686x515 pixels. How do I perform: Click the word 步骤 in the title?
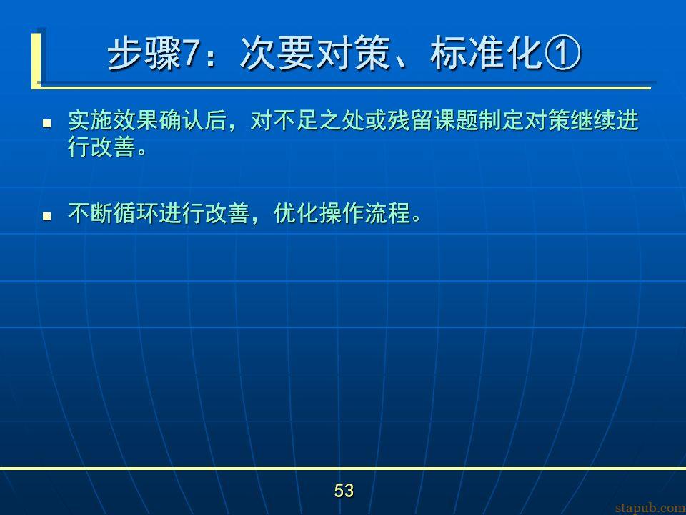[x=144, y=54]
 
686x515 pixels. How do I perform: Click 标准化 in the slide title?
[x=486, y=54]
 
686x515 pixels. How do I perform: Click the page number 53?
[x=344, y=490]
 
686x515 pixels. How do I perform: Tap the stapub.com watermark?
[x=650, y=508]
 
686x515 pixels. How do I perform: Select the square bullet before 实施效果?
[x=47, y=124]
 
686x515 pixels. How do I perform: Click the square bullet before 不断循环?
[x=47, y=216]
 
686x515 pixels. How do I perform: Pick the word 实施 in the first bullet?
[x=91, y=120]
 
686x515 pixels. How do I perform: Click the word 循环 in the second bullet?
[x=136, y=213]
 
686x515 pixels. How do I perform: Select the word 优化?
[x=296, y=213]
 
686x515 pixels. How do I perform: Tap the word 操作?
[x=342, y=213]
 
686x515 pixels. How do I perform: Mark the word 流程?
[x=387, y=213]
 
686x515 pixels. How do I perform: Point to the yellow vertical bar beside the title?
[x=36, y=60]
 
